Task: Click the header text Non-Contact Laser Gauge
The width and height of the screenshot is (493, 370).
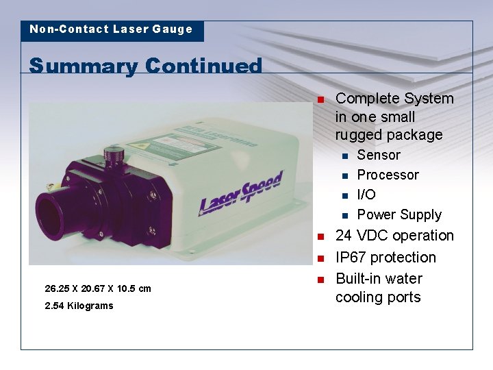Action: click(111, 29)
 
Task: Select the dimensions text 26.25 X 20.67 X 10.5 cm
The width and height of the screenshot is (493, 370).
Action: click(97, 288)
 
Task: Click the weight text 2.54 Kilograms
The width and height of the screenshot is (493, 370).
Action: click(79, 306)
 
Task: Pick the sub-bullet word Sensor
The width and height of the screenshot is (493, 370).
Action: click(379, 156)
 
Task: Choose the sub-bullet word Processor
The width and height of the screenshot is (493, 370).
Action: click(388, 175)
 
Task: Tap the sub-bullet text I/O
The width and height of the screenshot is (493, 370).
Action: click(366, 195)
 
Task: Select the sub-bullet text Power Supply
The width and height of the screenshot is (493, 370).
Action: click(399, 215)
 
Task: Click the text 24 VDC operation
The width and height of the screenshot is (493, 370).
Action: click(394, 236)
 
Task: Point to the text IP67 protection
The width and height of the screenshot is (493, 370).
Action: click(385, 258)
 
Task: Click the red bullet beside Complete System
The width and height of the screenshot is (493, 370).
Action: click(319, 100)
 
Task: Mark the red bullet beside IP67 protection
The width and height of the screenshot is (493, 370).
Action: click(319, 259)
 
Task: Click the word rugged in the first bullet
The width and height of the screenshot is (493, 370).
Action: click(358, 135)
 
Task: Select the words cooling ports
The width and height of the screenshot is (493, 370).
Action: click(378, 297)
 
